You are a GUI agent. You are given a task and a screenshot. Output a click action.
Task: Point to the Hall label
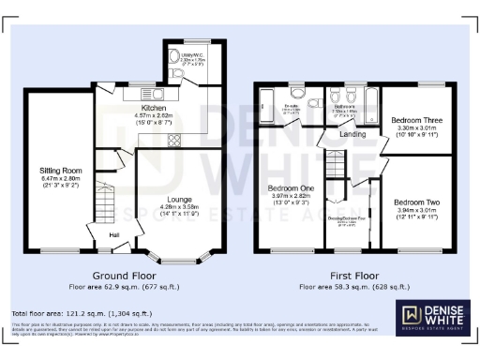tap(114, 235)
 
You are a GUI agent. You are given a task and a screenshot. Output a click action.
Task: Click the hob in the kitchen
tap(173, 142)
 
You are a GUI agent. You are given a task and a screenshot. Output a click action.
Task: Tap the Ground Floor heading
tap(122, 277)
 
